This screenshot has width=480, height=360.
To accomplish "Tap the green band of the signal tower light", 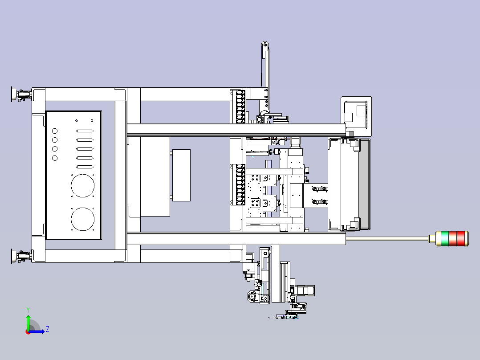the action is [x=445, y=238].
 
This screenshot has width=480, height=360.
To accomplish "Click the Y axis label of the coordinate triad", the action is [x=28, y=310].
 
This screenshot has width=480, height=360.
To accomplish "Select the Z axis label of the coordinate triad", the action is [x=48, y=329].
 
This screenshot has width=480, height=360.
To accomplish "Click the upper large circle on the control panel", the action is [x=83, y=186].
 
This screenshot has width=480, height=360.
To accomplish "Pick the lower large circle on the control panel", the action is [x=83, y=219].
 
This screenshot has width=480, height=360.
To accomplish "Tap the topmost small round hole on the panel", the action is [x=55, y=131].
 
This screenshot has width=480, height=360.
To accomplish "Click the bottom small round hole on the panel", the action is [x=55, y=158].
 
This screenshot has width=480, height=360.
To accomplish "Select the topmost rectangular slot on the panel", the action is [x=85, y=131].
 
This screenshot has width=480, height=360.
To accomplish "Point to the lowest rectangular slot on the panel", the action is [x=85, y=167].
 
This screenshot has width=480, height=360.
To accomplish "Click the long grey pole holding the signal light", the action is [x=387, y=238].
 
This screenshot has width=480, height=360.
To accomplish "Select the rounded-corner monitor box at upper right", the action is [x=356, y=116].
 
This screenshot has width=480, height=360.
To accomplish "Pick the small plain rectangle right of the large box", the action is [x=182, y=175].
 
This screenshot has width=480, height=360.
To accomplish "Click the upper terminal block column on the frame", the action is [x=240, y=106].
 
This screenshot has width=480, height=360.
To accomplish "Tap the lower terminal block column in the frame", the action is [x=240, y=184].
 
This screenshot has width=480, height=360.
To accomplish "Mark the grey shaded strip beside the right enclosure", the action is [x=364, y=184].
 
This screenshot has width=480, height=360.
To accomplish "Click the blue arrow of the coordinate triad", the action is [x=37, y=331].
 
